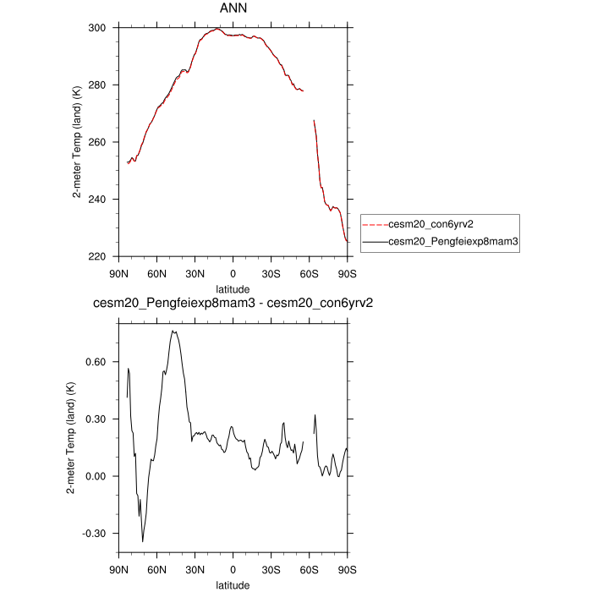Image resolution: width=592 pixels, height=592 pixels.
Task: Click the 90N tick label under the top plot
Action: point(118,272)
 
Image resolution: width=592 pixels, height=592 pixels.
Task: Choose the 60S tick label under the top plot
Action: point(309,272)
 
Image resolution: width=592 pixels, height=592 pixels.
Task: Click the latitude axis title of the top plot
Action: point(233,288)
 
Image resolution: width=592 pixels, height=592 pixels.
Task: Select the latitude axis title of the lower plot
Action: point(233,584)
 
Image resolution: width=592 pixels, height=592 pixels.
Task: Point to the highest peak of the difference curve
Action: point(173,332)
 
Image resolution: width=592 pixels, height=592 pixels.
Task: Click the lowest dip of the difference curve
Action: point(143,541)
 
